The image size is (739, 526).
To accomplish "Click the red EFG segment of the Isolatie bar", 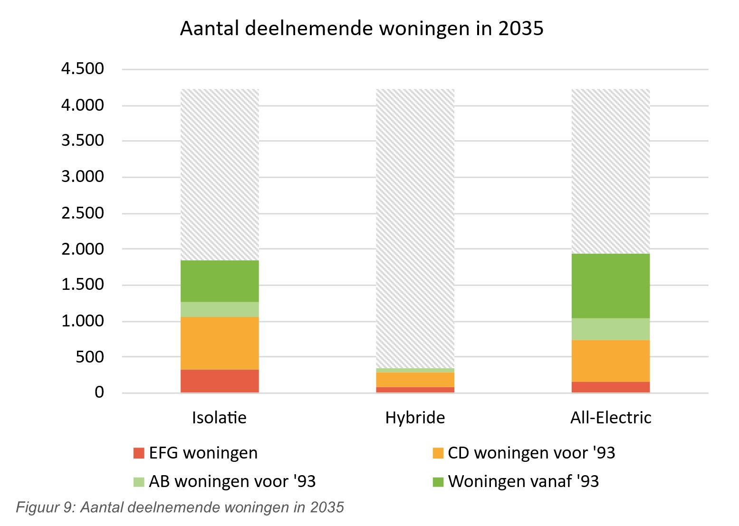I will (x=220, y=381).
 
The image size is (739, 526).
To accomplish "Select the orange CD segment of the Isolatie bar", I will (x=220, y=343).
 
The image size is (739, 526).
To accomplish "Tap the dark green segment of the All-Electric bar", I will (x=610, y=286).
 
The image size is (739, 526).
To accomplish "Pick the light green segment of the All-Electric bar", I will (x=610, y=329).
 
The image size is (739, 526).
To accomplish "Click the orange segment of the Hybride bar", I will (x=415, y=379).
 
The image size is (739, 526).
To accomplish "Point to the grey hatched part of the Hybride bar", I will (x=415, y=228).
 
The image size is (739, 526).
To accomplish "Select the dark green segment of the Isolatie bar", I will (x=220, y=281).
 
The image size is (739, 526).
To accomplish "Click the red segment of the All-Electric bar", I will (x=610, y=387).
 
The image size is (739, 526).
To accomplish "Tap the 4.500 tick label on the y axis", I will (x=82, y=69).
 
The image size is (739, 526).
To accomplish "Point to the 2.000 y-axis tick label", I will (x=82, y=249).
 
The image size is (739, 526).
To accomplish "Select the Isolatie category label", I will (x=219, y=418).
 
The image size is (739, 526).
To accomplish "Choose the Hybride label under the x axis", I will (x=415, y=418).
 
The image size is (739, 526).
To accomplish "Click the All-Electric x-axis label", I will (x=611, y=418).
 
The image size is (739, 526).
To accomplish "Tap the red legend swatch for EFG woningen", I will (x=139, y=453).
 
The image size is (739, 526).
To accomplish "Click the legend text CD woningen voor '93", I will (x=531, y=453).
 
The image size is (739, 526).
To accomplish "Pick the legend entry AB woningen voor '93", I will (x=232, y=481).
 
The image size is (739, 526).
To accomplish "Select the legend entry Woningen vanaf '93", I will (x=523, y=481).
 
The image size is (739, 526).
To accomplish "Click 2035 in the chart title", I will (x=521, y=29).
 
